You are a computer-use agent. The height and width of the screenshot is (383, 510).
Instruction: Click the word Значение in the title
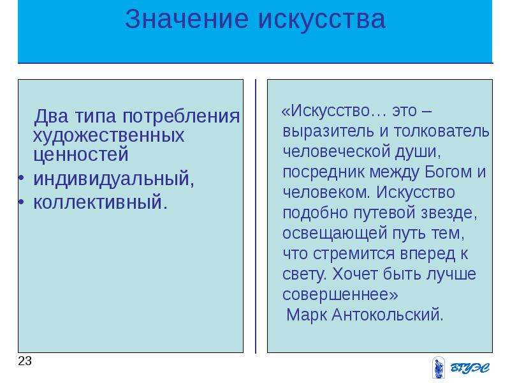click(187, 19)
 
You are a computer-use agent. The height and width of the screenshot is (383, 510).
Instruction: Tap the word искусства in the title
click(323, 19)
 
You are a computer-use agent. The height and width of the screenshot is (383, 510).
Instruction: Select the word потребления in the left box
click(181, 116)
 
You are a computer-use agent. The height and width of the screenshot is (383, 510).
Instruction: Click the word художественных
click(108, 135)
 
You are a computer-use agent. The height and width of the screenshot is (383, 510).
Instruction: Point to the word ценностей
click(81, 154)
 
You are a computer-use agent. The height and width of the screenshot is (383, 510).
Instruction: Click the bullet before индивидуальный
click(21, 179)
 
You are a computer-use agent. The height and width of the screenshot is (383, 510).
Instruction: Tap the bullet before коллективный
click(21, 202)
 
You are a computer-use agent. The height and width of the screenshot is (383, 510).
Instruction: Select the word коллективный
click(98, 202)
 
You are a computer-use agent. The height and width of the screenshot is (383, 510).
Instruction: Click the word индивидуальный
click(111, 179)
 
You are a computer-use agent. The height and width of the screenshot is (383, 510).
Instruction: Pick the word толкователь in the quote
click(441, 131)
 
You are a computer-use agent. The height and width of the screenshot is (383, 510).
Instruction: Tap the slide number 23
click(25, 361)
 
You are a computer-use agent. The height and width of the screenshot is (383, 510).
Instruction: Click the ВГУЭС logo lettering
click(470, 368)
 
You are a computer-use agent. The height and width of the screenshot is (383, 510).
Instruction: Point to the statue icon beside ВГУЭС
click(438, 368)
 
